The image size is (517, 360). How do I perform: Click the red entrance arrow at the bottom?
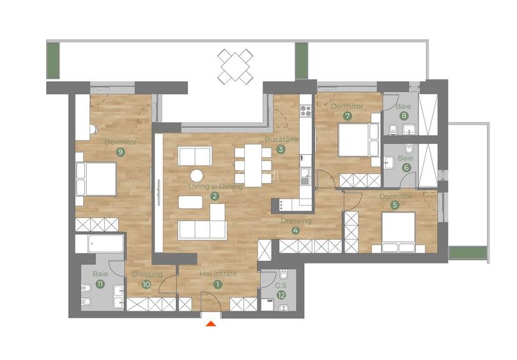tap(212, 324)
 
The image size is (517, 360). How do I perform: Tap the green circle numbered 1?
tap(218, 285)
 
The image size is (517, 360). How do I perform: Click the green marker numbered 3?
tap(281, 150)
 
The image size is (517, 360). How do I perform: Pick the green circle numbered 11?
tap(99, 284)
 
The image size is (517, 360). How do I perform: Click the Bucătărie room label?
tap(281, 139)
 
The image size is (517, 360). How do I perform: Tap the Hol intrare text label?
tap(218, 274)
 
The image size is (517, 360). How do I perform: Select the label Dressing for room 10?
tap(147, 274)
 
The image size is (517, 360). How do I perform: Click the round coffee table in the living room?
tap(197, 175)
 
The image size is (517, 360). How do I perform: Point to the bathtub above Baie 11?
tap(99, 244)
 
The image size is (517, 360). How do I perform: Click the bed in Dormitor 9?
tap(96, 178)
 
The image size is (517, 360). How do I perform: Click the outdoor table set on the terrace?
tap(235, 66)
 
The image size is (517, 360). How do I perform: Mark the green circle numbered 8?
tap(405, 116)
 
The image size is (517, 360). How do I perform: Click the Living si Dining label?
tap(215, 186)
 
